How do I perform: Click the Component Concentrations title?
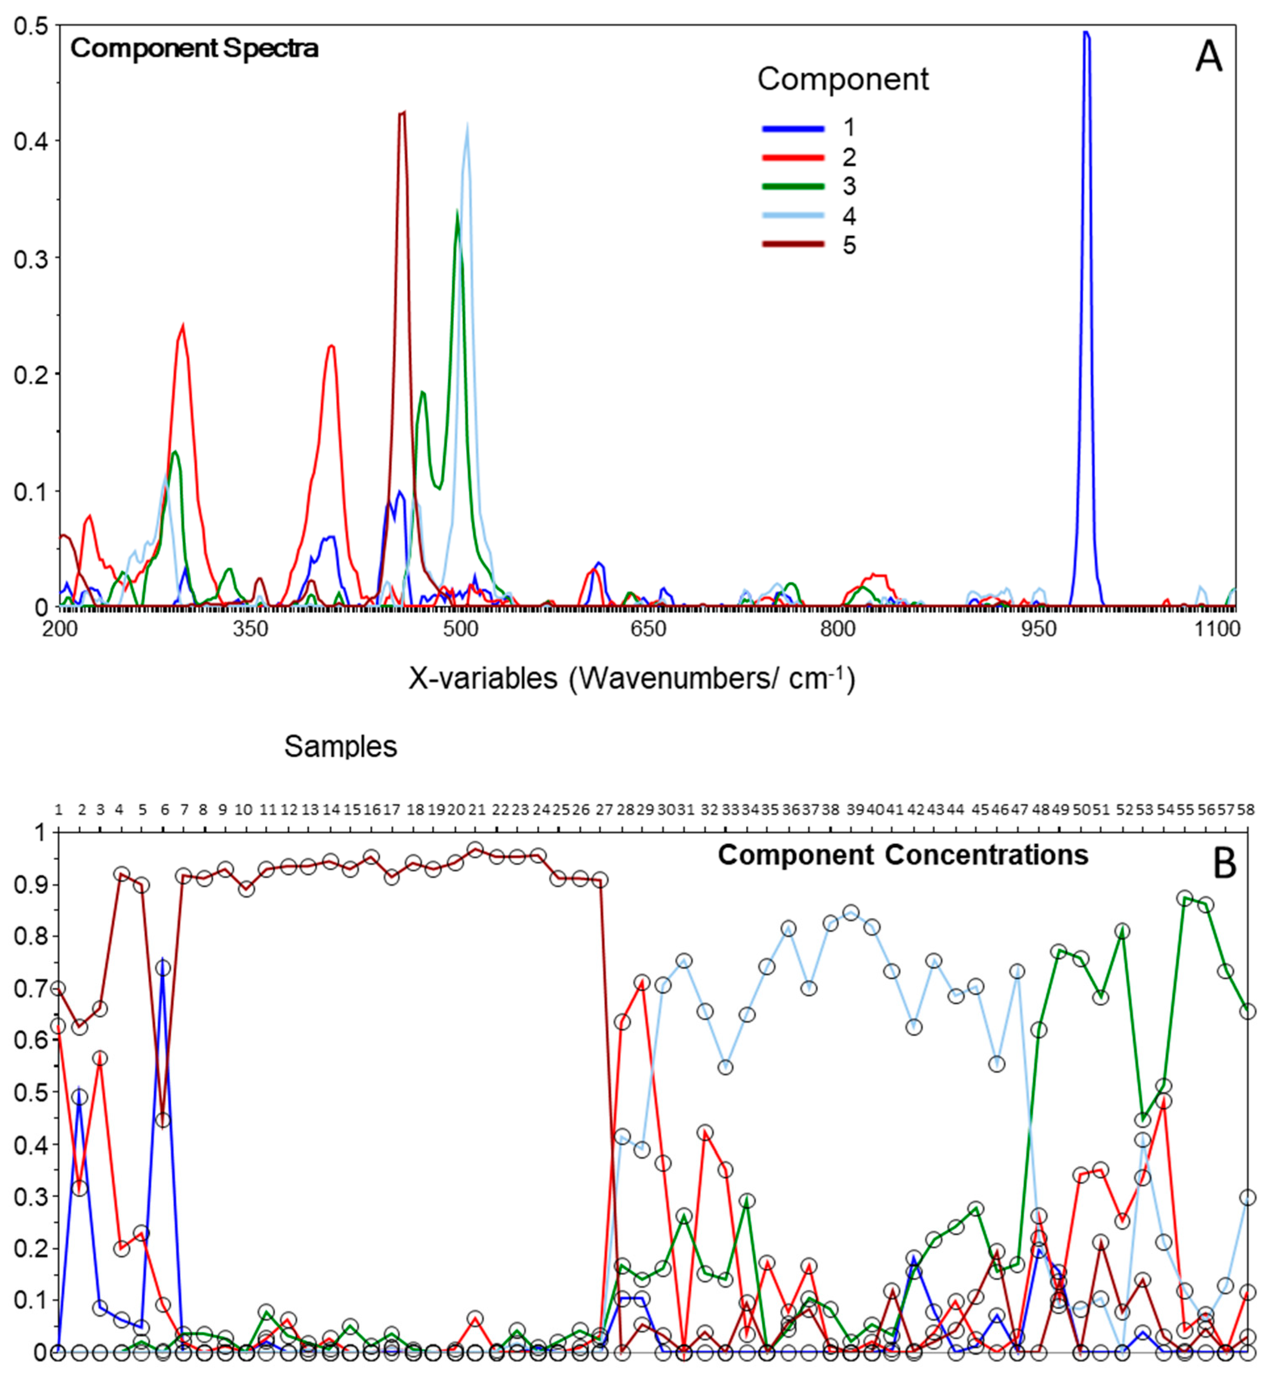tap(903, 855)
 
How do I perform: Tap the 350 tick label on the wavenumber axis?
tap(250, 629)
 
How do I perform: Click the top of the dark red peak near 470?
tap(402, 113)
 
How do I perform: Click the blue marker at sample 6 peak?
tap(163, 968)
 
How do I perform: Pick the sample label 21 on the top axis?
tap(477, 810)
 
